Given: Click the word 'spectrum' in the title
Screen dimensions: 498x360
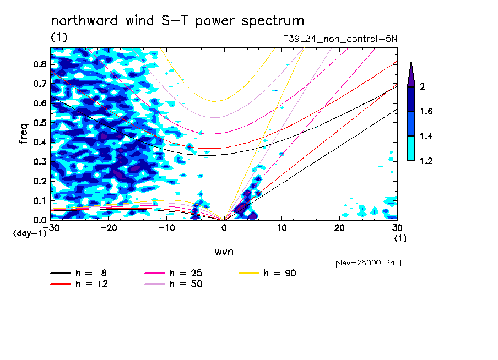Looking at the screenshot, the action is (273, 21).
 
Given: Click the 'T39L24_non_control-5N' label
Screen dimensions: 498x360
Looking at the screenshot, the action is (340, 39).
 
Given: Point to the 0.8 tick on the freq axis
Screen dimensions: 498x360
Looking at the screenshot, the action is (40, 64).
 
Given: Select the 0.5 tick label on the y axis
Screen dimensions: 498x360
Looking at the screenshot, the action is (40, 123).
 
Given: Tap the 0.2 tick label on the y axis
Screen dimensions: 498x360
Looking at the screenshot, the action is (40, 181).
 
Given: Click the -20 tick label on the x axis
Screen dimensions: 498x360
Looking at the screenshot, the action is (109, 228).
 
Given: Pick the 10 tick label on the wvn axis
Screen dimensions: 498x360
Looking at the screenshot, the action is (282, 228).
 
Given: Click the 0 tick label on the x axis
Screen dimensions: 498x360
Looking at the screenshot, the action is (224, 228).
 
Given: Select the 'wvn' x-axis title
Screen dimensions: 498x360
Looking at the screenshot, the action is (224, 252).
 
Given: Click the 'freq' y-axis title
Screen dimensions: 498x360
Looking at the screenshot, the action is (24, 134).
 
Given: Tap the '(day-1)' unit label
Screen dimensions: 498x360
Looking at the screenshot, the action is (30, 233).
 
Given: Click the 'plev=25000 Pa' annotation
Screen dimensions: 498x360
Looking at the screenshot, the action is (365, 263).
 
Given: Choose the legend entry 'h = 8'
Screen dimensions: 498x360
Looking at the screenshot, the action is (78, 273).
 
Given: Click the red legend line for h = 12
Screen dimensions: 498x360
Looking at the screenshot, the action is (61, 284).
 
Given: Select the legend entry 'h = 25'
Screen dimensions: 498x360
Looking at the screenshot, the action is (173, 273).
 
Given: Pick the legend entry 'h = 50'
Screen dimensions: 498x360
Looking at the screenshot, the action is (173, 284).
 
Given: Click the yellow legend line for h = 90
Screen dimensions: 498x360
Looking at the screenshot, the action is (248, 273).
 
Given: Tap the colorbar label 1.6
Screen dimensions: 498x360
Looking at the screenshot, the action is (426, 111).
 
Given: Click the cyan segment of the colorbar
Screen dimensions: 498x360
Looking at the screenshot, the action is (411, 149).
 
